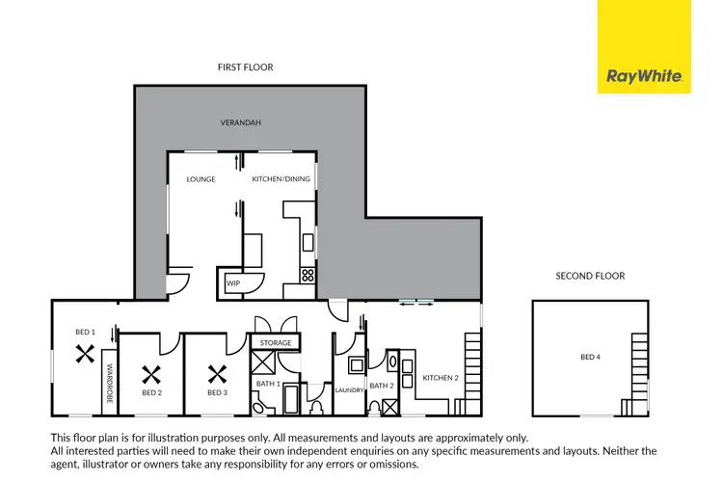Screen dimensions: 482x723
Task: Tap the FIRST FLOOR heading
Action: (x=246, y=67)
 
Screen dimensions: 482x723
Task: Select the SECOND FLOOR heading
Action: (x=590, y=277)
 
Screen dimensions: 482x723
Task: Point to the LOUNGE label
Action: (x=201, y=179)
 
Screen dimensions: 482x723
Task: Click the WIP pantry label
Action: (x=232, y=284)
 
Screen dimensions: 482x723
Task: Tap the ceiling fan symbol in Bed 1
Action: (x=85, y=353)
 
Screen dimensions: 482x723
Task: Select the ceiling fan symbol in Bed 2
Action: (x=151, y=372)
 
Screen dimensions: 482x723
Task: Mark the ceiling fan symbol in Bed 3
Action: (x=217, y=372)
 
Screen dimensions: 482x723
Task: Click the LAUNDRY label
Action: (x=348, y=390)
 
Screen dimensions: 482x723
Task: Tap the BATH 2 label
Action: (x=381, y=386)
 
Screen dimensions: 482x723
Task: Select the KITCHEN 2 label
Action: (x=439, y=378)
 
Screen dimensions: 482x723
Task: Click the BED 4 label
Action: (x=590, y=358)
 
